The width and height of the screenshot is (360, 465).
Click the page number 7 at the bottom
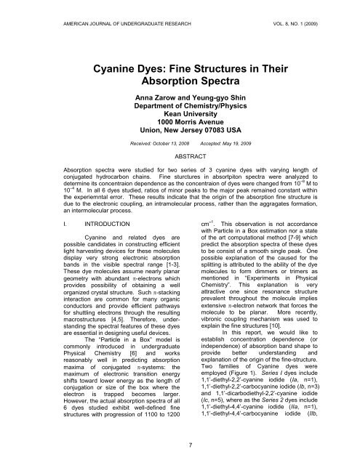tap(180, 438)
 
